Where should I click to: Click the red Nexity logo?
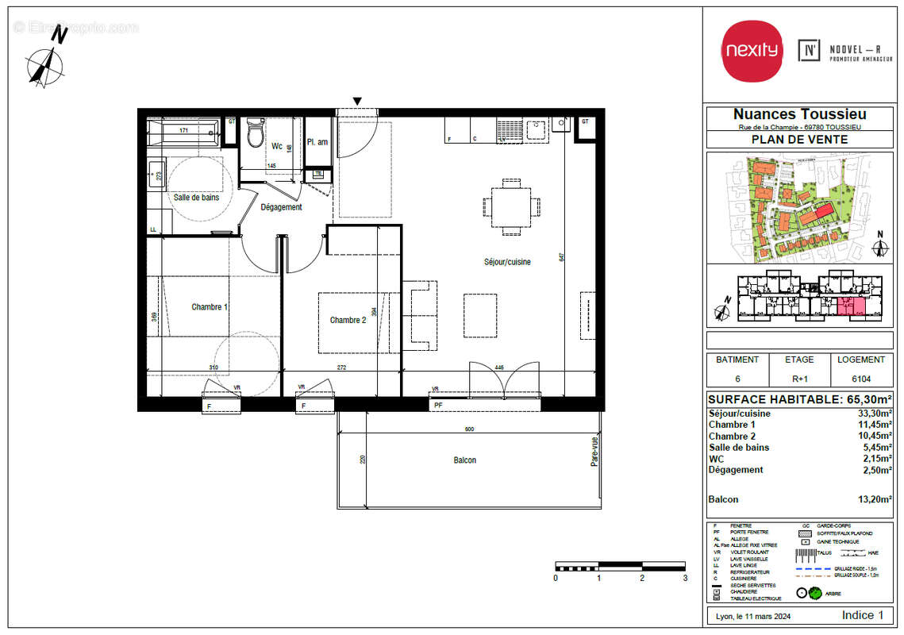[751, 50]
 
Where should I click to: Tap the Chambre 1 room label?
[210, 307]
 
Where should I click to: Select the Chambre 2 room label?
[348, 320]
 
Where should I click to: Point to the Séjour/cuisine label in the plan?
[508, 262]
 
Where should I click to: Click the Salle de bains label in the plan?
[196, 197]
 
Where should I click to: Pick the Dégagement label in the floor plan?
[281, 207]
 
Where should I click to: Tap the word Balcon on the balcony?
[464, 460]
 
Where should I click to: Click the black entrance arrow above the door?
[358, 101]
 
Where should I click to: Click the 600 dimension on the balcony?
[469, 429]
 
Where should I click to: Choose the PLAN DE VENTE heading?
[798, 140]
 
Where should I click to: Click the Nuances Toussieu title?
[798, 115]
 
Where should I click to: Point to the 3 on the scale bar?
[684, 578]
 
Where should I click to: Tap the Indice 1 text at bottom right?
[862, 615]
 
